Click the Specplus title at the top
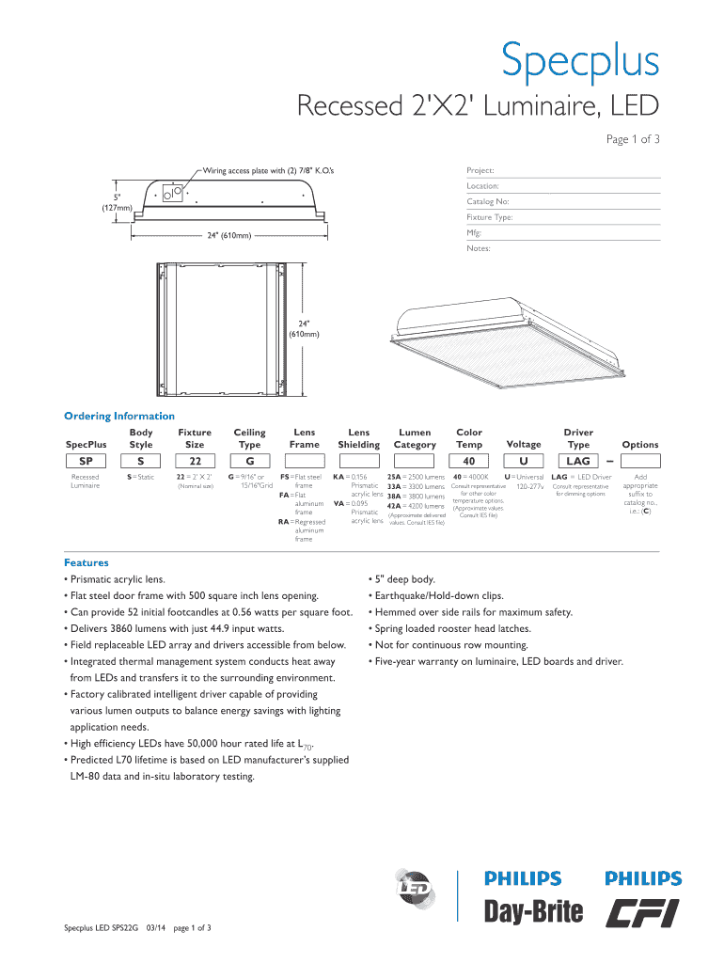[579, 61]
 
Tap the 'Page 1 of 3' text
[632, 139]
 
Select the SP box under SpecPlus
[86, 461]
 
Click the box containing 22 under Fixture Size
[195, 461]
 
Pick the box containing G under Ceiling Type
[249, 461]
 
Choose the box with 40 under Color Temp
[468, 461]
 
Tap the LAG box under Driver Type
[577, 461]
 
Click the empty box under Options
[639, 461]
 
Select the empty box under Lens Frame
[304, 461]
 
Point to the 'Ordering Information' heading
[118, 416]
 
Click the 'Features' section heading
[86, 562]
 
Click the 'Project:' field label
[481, 171]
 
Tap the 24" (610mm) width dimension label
[229, 235]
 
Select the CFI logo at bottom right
[643, 911]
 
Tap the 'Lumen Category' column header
[415, 438]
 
